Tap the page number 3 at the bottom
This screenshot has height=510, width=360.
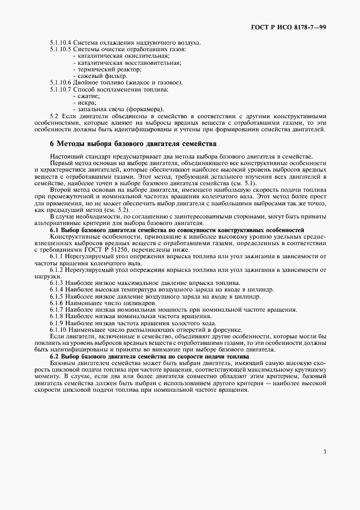click(325, 451)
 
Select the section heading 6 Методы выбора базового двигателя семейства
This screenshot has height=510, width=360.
click(133, 144)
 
